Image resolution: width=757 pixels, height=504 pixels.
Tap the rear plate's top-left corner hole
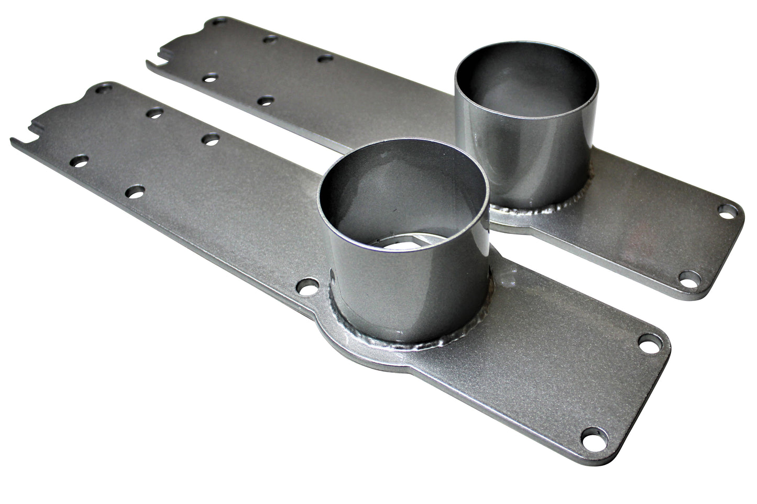tap(218, 22)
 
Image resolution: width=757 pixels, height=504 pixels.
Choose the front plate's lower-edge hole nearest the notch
tap(80, 159)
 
